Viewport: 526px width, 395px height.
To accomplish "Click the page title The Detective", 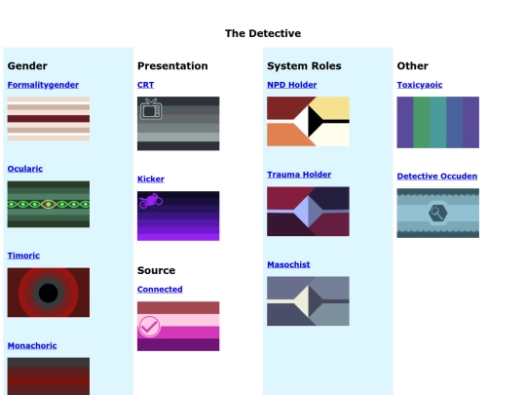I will pyautogui.click(x=263, y=33).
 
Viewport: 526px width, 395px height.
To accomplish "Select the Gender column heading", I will pyautogui.click(x=27, y=66).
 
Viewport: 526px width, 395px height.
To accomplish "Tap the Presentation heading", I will pyautogui.click(x=172, y=66).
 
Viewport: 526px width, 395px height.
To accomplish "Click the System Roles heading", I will pyautogui.click(x=304, y=66).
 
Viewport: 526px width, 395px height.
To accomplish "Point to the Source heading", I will pyautogui.click(x=156, y=270).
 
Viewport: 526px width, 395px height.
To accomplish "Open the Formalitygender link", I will pyautogui.click(x=43, y=85).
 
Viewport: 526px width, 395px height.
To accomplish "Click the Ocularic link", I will pyautogui.click(x=25, y=169).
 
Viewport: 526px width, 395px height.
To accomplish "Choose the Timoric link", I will pyautogui.click(x=23, y=256).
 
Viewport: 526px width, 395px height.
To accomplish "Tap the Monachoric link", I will pyautogui.click(x=32, y=345).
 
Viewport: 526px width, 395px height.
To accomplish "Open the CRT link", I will pyautogui.click(x=145, y=85).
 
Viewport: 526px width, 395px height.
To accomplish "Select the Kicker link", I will pyautogui.click(x=151, y=179).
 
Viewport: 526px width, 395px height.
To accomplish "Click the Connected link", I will pyautogui.click(x=160, y=290).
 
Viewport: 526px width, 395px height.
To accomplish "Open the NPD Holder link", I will pyautogui.click(x=291, y=85).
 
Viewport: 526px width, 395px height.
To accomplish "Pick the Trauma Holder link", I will pyautogui.click(x=299, y=175).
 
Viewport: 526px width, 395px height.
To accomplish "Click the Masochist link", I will pyautogui.click(x=289, y=264).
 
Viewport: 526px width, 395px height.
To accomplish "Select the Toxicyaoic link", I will pyautogui.click(x=420, y=85).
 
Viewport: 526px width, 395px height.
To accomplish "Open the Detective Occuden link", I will pyautogui.click(x=437, y=177).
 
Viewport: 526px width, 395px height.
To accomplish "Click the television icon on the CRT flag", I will pyautogui.click(x=150, y=109).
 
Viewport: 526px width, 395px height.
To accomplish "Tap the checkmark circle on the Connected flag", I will pyautogui.click(x=149, y=327).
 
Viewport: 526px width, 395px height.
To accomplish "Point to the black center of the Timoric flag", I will pyautogui.click(x=48, y=293).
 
